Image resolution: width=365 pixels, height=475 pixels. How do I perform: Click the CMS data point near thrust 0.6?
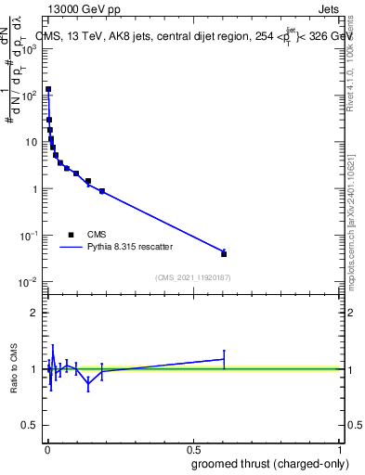[x=224, y=253]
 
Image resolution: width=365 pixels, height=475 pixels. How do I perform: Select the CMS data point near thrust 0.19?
[x=102, y=191]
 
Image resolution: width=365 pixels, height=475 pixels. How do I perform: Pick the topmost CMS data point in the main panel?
[x=48, y=90]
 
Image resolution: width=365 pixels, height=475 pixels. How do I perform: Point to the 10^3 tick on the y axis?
[x=30, y=48]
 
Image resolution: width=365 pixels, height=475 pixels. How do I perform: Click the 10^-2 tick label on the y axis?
[x=28, y=282]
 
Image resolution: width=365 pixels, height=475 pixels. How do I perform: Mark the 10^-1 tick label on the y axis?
[x=28, y=236]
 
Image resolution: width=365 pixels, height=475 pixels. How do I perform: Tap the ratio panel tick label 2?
[x=33, y=312]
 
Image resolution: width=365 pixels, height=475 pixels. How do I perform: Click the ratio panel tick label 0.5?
[x=30, y=426]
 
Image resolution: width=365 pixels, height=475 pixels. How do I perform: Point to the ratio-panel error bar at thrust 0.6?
[x=224, y=358]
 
